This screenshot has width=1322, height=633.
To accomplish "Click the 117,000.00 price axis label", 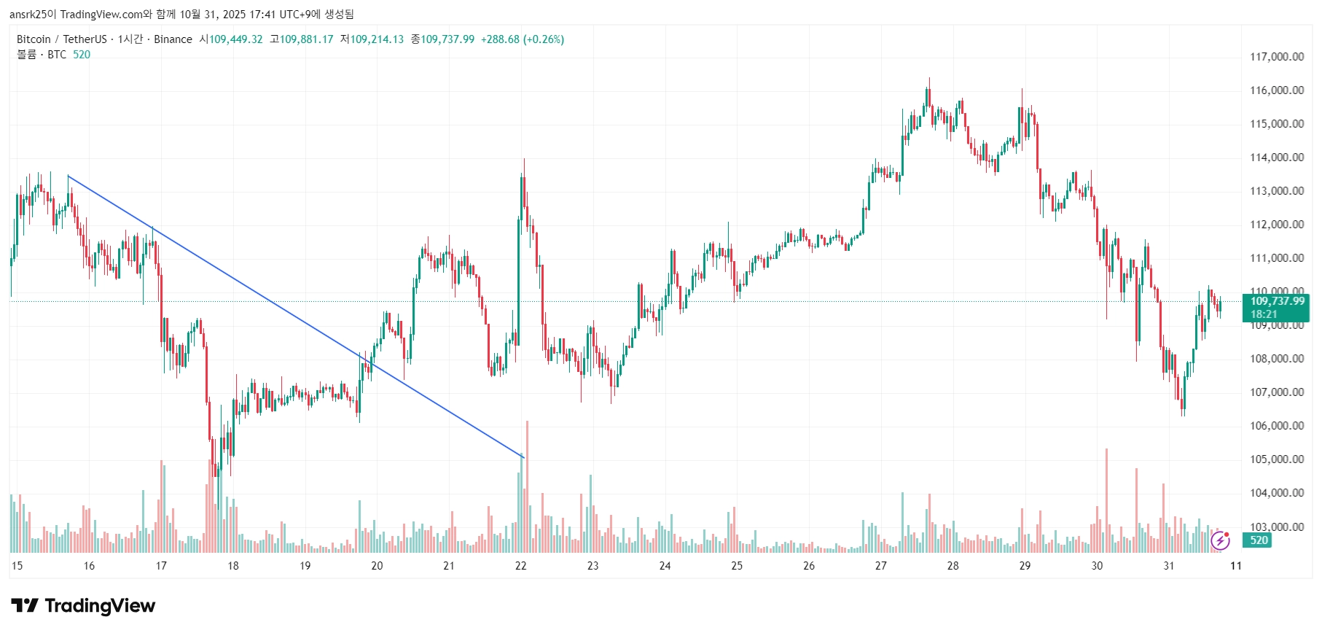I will [x=1277, y=57].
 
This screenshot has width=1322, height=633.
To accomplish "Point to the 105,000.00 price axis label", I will [x=1277, y=459].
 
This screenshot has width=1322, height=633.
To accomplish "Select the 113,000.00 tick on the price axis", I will [x=1277, y=191].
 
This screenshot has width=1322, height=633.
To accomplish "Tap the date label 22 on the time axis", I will [x=520, y=566].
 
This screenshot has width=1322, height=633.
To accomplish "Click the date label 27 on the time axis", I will [x=880, y=566].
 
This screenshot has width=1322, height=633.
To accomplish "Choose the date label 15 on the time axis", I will [x=17, y=566].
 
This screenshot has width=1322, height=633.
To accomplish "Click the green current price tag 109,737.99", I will [x=1277, y=301].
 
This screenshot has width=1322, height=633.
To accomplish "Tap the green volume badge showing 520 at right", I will [x=1259, y=540].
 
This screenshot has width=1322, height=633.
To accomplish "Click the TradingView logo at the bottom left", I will [x=83, y=606].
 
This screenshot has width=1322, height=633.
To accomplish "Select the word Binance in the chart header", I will [x=173, y=39].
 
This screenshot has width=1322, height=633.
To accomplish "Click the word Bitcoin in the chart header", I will [x=34, y=39].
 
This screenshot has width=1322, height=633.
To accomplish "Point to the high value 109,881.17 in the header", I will [x=306, y=39].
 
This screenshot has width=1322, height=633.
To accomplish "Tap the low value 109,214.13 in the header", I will [x=377, y=39].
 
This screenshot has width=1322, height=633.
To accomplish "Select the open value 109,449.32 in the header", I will [x=236, y=39].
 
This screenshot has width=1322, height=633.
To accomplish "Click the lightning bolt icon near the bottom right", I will [x=1220, y=540].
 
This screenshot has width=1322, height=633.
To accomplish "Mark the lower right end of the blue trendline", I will [x=523, y=457].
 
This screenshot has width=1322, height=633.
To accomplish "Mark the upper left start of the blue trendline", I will [x=68, y=176].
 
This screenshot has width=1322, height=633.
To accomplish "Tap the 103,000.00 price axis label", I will [x=1277, y=527].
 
